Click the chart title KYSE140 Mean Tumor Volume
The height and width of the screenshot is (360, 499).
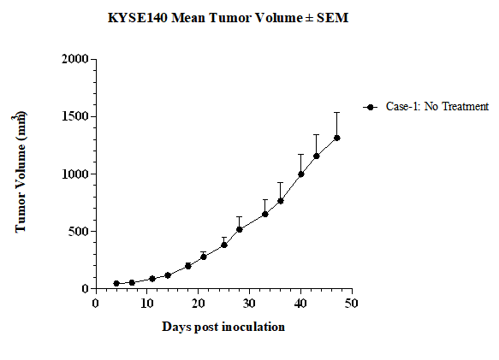pos(205,18)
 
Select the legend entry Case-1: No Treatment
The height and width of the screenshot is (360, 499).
pos(425,107)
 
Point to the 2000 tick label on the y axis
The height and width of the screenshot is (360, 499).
pos(75,59)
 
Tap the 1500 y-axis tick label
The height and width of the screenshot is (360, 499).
pos(75,116)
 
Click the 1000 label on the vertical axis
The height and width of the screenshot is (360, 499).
pos(75,174)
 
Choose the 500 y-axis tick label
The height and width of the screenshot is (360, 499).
pos(78,231)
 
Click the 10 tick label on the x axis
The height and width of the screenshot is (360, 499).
pos(147,304)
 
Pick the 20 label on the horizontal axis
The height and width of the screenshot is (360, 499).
pos(199,304)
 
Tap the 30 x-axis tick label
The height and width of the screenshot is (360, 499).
pos(250,304)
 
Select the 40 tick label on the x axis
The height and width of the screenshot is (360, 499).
pos(300,304)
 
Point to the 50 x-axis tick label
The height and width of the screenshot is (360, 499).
pos(352,304)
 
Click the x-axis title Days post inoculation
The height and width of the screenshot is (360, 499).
pos(223,328)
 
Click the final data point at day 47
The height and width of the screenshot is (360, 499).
pos(336,138)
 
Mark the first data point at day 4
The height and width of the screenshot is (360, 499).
pos(116,283)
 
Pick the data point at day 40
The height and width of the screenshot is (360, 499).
pos(300,174)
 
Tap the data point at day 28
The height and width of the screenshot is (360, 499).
pos(240,229)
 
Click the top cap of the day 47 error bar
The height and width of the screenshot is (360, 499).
pos(336,112)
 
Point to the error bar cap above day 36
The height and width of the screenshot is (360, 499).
pos(281,182)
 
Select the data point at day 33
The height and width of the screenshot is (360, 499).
pos(264,215)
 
